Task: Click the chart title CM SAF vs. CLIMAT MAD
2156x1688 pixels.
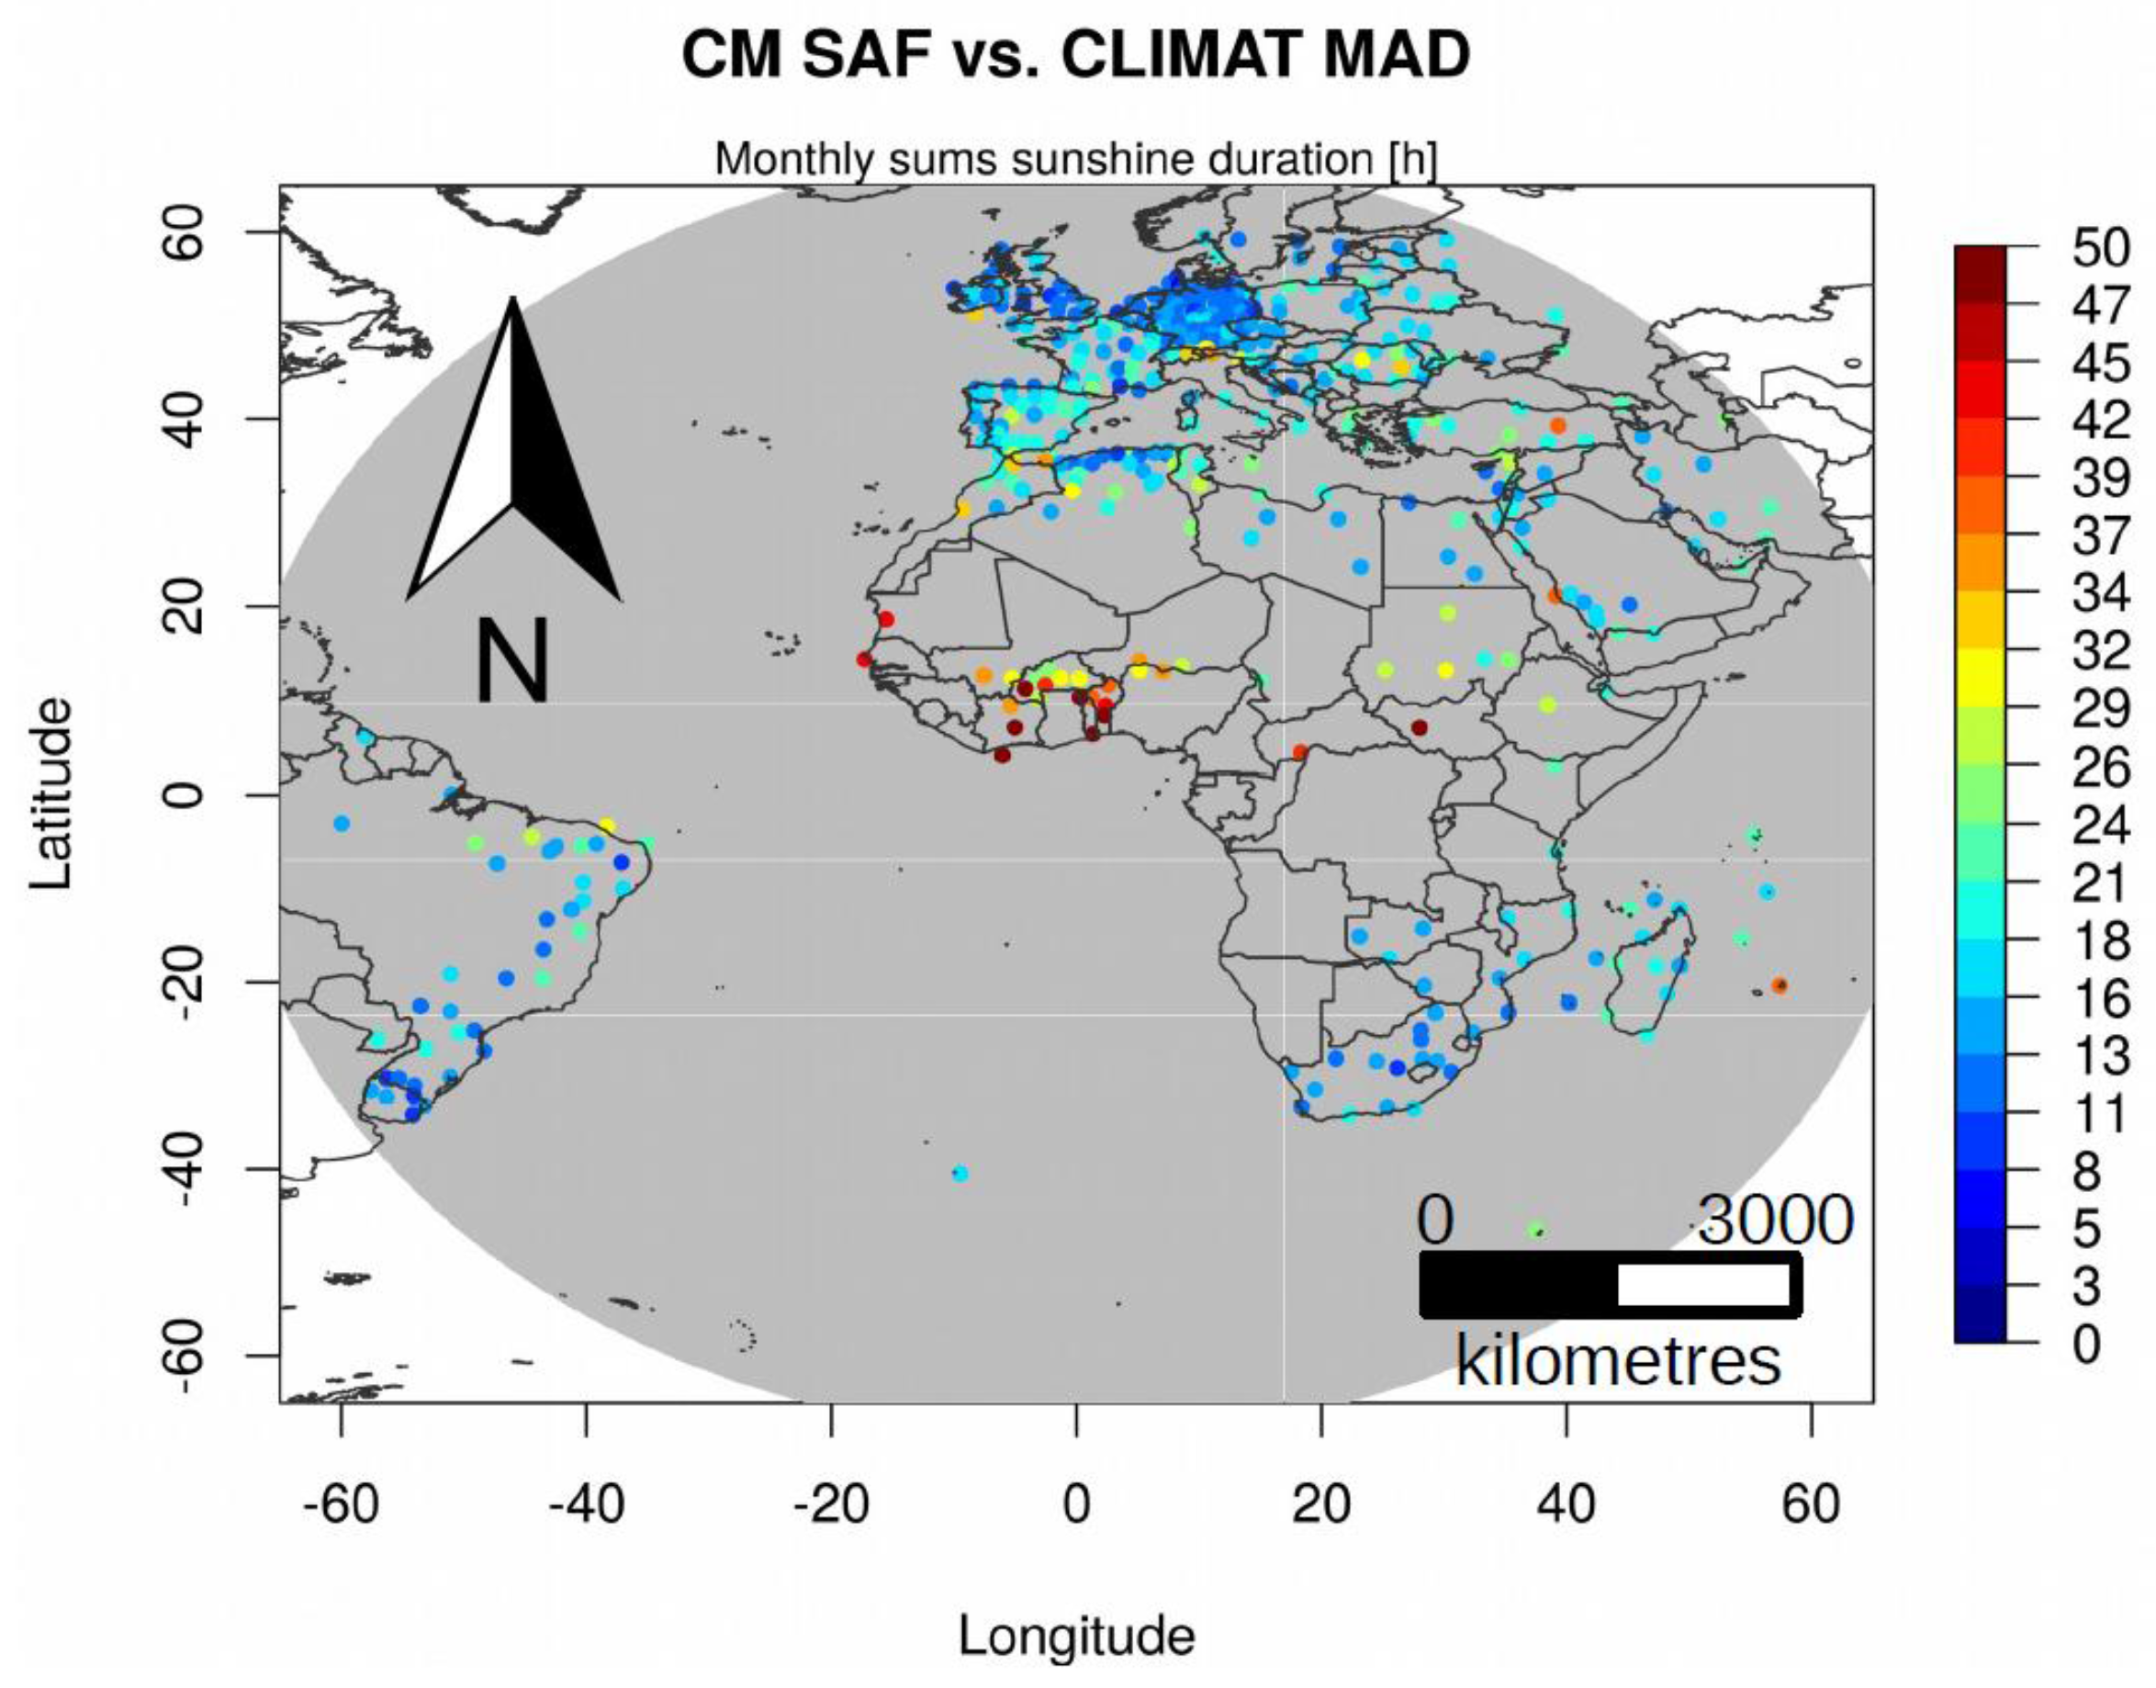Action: click(x=1075, y=56)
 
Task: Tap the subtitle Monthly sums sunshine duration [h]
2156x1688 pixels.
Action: click(x=1075, y=159)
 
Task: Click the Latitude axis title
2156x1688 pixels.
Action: click(x=51, y=793)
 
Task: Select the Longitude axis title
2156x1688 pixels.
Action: click(x=1076, y=1636)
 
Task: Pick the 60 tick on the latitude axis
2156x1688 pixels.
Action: click(x=185, y=232)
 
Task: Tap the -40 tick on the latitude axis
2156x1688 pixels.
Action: click(x=185, y=1169)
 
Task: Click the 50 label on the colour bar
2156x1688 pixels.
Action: click(x=2101, y=248)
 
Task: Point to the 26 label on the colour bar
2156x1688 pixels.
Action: click(x=2101, y=768)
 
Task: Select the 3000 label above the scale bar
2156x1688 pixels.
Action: click(x=1776, y=1221)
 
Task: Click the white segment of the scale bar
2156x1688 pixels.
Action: click(x=1703, y=1285)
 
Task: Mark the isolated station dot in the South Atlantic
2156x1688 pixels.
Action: click(x=960, y=1174)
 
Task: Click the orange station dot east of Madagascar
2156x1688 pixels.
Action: click(x=1780, y=985)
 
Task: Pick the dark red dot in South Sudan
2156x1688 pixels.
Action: click(x=1419, y=727)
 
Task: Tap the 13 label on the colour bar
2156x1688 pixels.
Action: click(x=2101, y=1056)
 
